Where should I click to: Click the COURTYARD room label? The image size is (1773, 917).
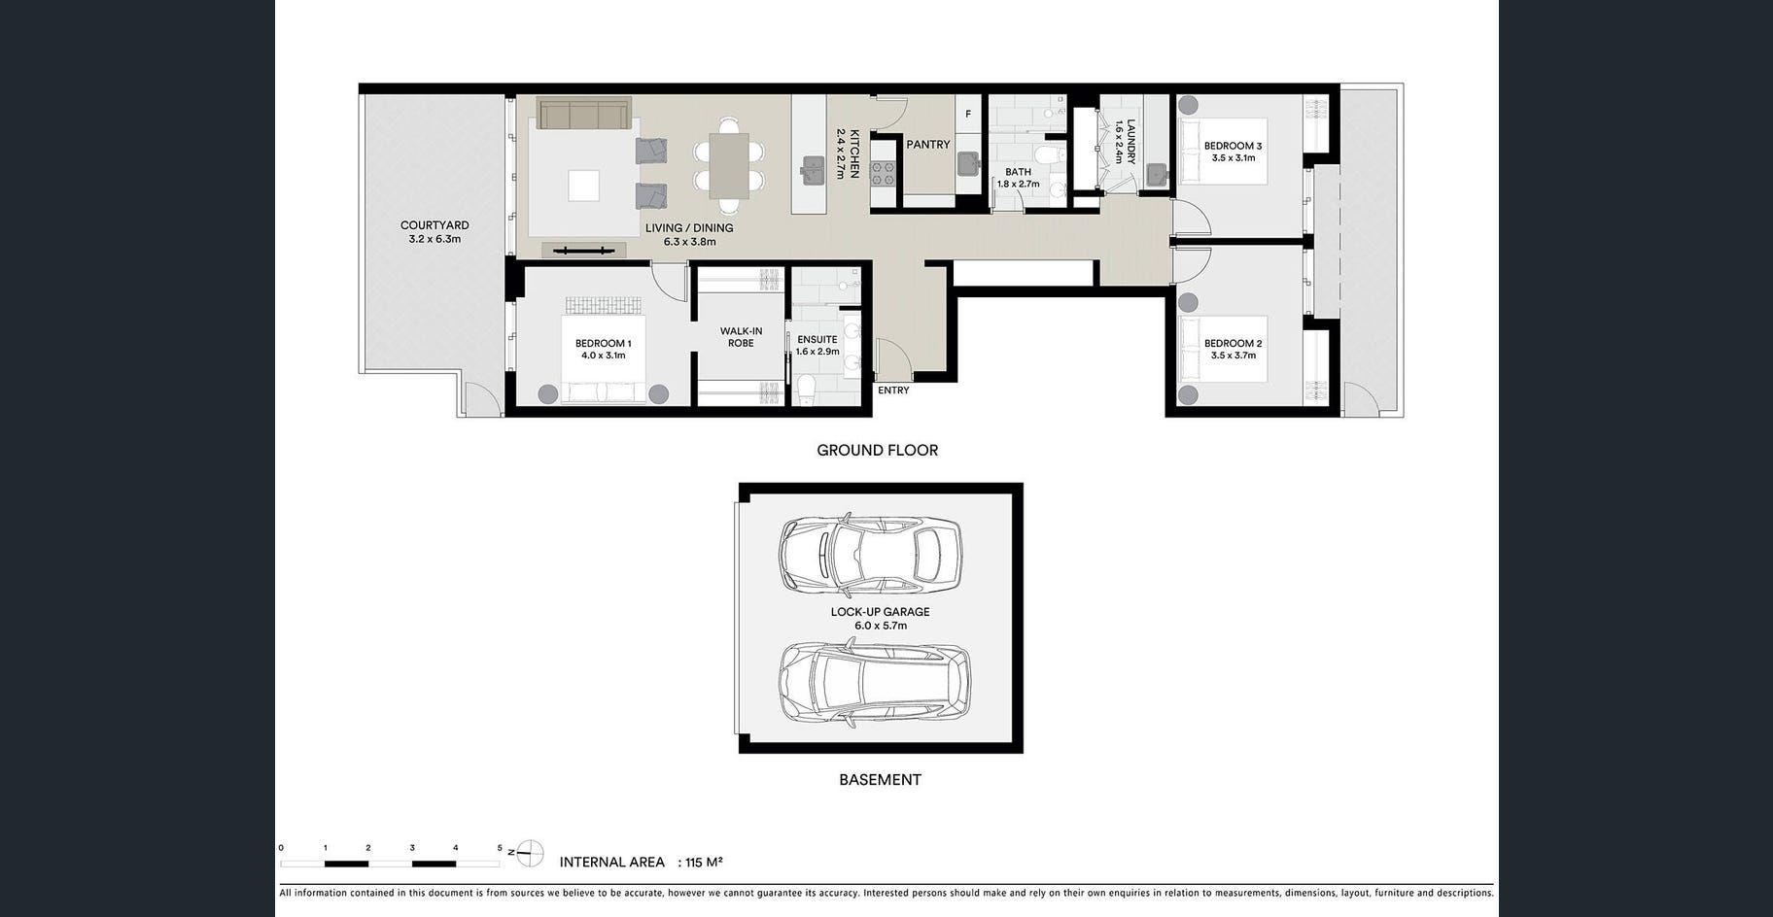click(435, 225)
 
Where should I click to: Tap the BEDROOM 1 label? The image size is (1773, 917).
click(603, 343)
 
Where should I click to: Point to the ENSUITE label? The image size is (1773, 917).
click(817, 340)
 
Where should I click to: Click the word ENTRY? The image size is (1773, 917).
click(893, 391)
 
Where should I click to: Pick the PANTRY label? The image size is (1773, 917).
click(928, 145)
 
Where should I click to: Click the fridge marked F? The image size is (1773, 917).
click(968, 115)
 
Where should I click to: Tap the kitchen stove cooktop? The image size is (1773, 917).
click(883, 174)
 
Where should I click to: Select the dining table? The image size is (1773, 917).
click(729, 165)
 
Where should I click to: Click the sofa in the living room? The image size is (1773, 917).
click(584, 114)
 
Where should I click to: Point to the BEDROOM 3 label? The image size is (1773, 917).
click(1233, 147)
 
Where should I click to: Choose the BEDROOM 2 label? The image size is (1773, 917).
click(1233, 344)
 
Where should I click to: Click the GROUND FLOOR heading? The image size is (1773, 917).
click(877, 450)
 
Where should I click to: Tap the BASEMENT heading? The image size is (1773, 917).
click(880, 779)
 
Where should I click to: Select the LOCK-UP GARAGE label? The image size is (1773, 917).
click(880, 612)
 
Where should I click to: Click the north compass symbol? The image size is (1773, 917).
click(529, 853)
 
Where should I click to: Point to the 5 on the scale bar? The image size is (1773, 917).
click(500, 848)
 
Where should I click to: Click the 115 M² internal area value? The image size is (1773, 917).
click(704, 862)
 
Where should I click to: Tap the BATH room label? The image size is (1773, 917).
click(1018, 172)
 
